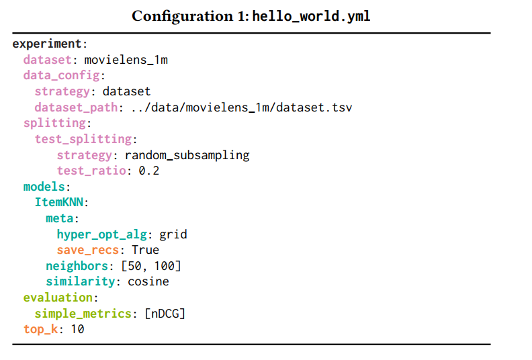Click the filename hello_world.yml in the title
click(311, 16)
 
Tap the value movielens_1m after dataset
click(126, 60)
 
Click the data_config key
click(61, 75)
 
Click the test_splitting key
click(83, 139)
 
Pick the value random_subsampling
click(187, 155)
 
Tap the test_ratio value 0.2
click(149, 171)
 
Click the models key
click(44, 187)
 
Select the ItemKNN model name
click(61, 202)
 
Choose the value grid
click(173, 234)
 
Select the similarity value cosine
click(148, 281)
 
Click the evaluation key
click(58, 298)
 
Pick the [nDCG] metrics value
click(165, 313)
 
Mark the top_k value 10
click(77, 329)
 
